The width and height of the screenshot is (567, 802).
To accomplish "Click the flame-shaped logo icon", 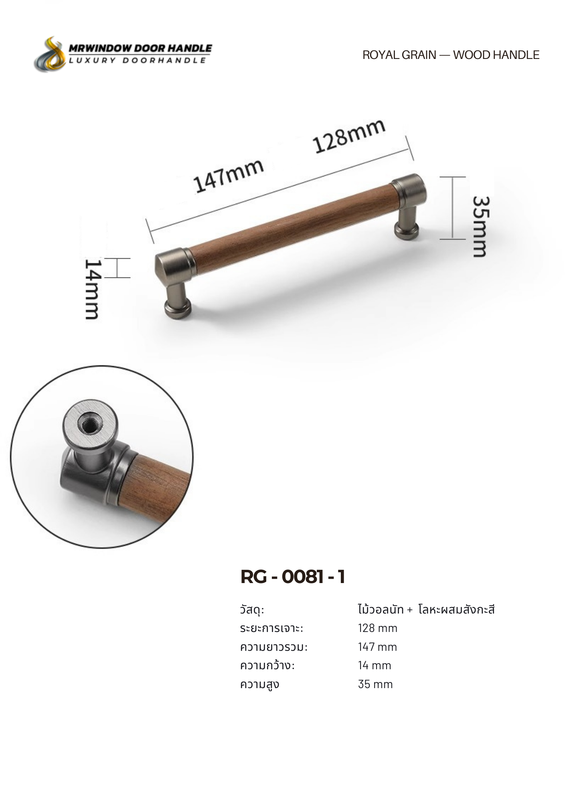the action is point(50,55).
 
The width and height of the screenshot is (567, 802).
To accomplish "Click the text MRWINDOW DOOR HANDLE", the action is point(140,48).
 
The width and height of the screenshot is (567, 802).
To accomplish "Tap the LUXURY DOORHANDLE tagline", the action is point(138,60).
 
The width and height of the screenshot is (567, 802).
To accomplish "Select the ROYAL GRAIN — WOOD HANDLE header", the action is point(451,55).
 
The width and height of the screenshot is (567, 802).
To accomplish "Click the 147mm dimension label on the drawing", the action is point(228,175).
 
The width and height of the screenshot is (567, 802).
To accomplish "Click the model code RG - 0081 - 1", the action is point(293,577).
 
